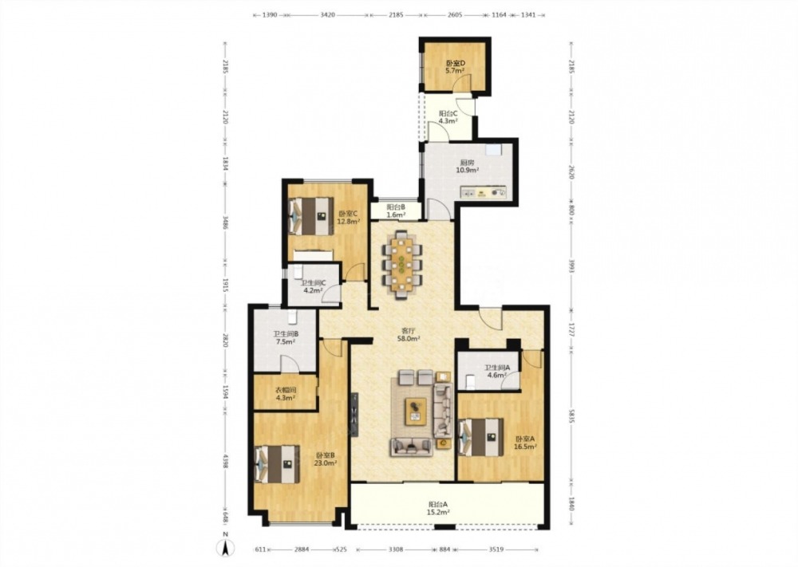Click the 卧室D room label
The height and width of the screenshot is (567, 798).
tap(456, 64)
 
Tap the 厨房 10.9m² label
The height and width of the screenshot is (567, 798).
tap(467, 167)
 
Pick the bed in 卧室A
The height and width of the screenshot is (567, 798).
tap(480, 437)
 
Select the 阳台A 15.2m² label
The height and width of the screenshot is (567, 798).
tap(438, 509)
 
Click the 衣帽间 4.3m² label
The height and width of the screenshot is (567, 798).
tap(286, 394)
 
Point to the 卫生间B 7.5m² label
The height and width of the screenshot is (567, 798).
tap(286, 338)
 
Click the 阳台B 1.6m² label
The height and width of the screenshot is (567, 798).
tap(396, 211)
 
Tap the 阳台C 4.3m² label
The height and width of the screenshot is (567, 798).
tap(448, 117)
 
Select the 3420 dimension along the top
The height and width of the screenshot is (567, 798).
tap(327, 15)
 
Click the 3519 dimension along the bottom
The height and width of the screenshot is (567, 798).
tap(497, 549)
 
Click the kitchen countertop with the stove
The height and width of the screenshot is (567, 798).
tap(484, 193)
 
